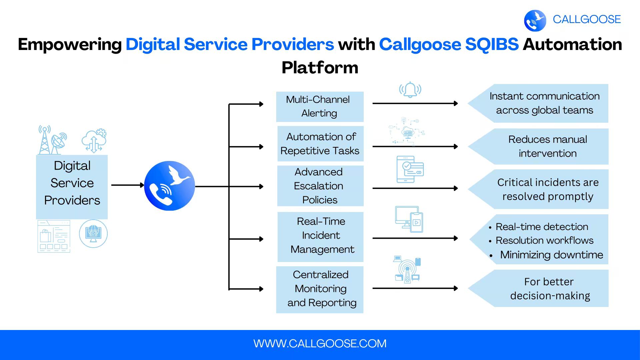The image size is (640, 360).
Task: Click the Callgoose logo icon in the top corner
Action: tap(535, 20)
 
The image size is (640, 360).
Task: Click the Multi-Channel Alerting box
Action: tap(319, 106)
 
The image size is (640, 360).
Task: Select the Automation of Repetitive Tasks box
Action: tap(320, 144)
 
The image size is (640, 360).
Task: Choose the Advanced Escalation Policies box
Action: tap(320, 186)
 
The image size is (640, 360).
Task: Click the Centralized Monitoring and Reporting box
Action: tap(320, 289)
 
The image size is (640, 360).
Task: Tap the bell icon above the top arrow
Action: tap(410, 90)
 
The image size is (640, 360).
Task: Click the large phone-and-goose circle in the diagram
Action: tap(169, 186)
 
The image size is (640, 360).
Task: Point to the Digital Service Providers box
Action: tap(72, 183)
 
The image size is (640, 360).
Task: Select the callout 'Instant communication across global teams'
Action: tap(544, 103)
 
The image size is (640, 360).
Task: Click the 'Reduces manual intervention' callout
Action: tap(547, 146)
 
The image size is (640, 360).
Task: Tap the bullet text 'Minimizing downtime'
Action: tap(551, 255)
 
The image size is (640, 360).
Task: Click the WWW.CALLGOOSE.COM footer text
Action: tap(320, 344)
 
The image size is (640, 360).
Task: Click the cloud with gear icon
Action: tap(94, 141)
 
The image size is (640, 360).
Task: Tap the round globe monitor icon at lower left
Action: tap(93, 234)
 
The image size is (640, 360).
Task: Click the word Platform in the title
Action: tap(320, 68)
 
